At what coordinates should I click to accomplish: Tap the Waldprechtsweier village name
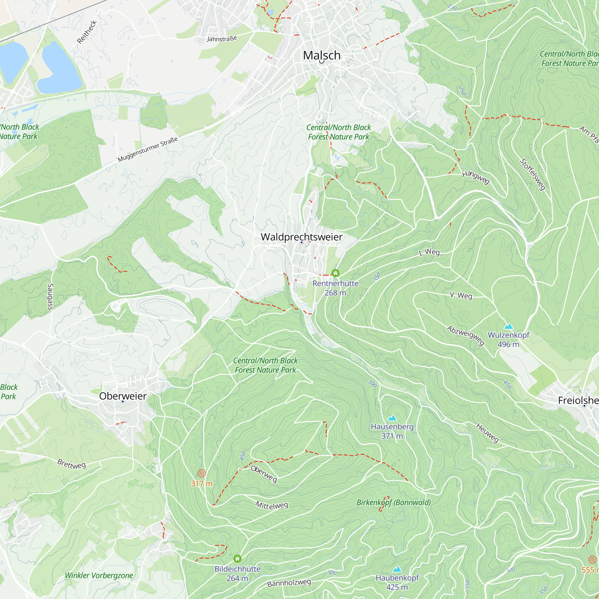point(301,237)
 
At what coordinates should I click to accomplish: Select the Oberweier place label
point(123,396)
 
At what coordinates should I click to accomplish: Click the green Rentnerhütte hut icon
point(335,273)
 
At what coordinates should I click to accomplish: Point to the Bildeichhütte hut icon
point(238,559)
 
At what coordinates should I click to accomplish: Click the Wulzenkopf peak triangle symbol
point(509,326)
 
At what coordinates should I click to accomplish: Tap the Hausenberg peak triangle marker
point(392,418)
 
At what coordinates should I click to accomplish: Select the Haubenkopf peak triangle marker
point(397,569)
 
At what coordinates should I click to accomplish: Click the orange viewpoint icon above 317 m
point(202,473)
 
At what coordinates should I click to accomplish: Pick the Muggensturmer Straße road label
point(148,149)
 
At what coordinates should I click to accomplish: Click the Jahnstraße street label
point(222,39)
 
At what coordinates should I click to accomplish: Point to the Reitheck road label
point(87,32)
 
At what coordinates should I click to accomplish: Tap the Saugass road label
point(50,297)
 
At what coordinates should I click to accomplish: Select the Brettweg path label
point(72,464)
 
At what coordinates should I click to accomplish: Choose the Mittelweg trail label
point(272,505)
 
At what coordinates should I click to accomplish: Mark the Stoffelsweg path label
point(532,175)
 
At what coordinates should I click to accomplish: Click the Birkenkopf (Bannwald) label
point(394,502)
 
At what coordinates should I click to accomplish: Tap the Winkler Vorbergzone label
point(99,575)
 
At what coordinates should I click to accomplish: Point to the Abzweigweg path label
point(465,335)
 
